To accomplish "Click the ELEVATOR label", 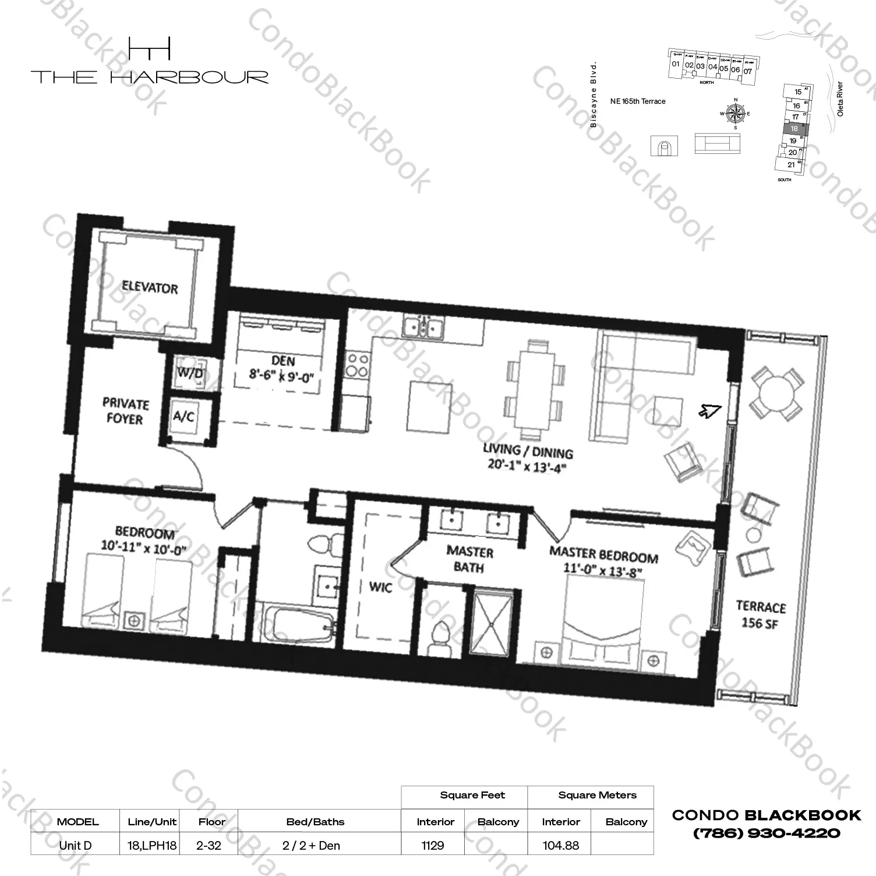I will (149, 287).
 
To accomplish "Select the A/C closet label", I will (184, 416).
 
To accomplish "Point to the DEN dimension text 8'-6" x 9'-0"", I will (281, 376).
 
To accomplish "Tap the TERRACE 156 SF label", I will (761, 615).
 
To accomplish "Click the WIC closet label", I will (381, 587).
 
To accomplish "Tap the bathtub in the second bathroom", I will (296, 628).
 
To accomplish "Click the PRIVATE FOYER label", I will (125, 411).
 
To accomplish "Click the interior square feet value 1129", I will (433, 845).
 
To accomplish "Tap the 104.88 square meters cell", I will (560, 845).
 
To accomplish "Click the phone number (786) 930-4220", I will (766, 833).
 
